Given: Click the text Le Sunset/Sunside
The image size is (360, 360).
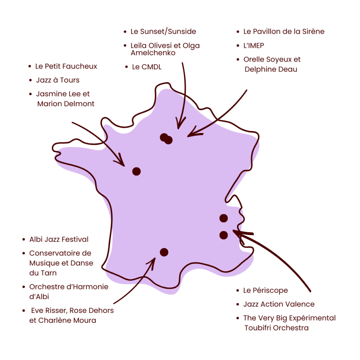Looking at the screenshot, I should [163, 32].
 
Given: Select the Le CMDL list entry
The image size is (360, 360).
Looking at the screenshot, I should [147, 67].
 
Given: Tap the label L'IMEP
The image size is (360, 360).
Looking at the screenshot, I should [253, 46].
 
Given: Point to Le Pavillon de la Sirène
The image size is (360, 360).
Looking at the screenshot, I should [284, 32].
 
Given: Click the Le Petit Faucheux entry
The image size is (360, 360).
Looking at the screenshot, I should [66, 66].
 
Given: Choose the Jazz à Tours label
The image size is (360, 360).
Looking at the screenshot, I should [58, 80].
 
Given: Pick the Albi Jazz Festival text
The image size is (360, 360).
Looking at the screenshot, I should [59, 239].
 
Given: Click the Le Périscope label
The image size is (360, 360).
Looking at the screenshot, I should [265, 290].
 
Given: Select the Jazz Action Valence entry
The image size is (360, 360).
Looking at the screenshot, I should [279, 304].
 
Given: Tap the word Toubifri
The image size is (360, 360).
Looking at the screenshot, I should [259, 328].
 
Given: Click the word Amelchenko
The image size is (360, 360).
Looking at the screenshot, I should [153, 53].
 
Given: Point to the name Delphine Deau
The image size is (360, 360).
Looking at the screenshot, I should [271, 69].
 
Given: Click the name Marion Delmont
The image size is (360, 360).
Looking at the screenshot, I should [66, 104].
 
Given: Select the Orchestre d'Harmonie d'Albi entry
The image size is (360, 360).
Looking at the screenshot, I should [69, 291].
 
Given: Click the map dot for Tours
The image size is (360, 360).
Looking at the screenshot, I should [136, 171].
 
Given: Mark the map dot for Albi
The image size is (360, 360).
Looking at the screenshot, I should [164, 252].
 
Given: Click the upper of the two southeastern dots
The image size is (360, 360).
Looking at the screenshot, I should [224, 218].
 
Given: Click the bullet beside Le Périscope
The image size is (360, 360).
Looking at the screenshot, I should [238, 290].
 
